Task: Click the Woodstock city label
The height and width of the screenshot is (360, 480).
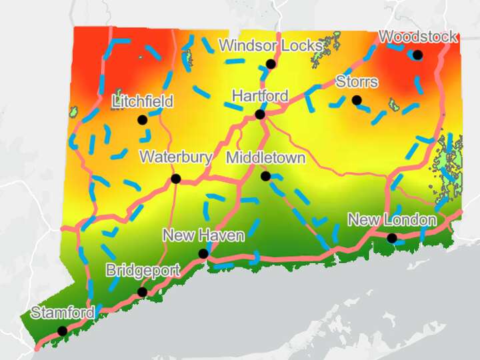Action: pyautogui.click(x=418, y=37)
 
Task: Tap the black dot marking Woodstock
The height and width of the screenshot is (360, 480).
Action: pyautogui.click(x=417, y=55)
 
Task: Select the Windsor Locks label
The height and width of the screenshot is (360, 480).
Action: pyautogui.click(x=270, y=46)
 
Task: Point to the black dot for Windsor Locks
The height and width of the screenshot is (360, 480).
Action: pyautogui.click(x=271, y=64)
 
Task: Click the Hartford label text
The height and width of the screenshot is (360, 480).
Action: pyautogui.click(x=260, y=96)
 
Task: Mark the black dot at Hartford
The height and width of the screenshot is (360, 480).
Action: pyautogui.click(x=260, y=114)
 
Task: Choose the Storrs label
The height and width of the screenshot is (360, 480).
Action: pyautogui.click(x=357, y=82)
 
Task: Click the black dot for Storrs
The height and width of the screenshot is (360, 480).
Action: pyautogui.click(x=357, y=100)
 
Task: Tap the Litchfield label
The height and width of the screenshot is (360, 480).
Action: pyautogui.click(x=143, y=102)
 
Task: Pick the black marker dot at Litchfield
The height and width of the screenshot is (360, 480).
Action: pyautogui.click(x=142, y=120)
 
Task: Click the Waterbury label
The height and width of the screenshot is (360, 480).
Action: pyautogui.click(x=176, y=157)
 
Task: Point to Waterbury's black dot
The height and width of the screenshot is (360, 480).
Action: pyautogui.click(x=176, y=178)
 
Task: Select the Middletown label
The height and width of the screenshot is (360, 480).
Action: pyautogui.click(x=265, y=158)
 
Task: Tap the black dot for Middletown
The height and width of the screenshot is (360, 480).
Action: pyautogui.click(x=265, y=176)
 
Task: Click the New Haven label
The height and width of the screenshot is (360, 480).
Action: pyautogui.click(x=203, y=235)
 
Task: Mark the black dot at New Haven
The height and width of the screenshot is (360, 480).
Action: pyautogui.click(x=203, y=253)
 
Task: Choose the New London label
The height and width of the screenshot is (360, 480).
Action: pyautogui.click(x=392, y=220)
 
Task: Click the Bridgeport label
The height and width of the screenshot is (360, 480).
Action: pyautogui.click(x=143, y=271)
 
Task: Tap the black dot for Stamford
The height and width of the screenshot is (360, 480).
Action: pyautogui.click(x=62, y=331)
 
